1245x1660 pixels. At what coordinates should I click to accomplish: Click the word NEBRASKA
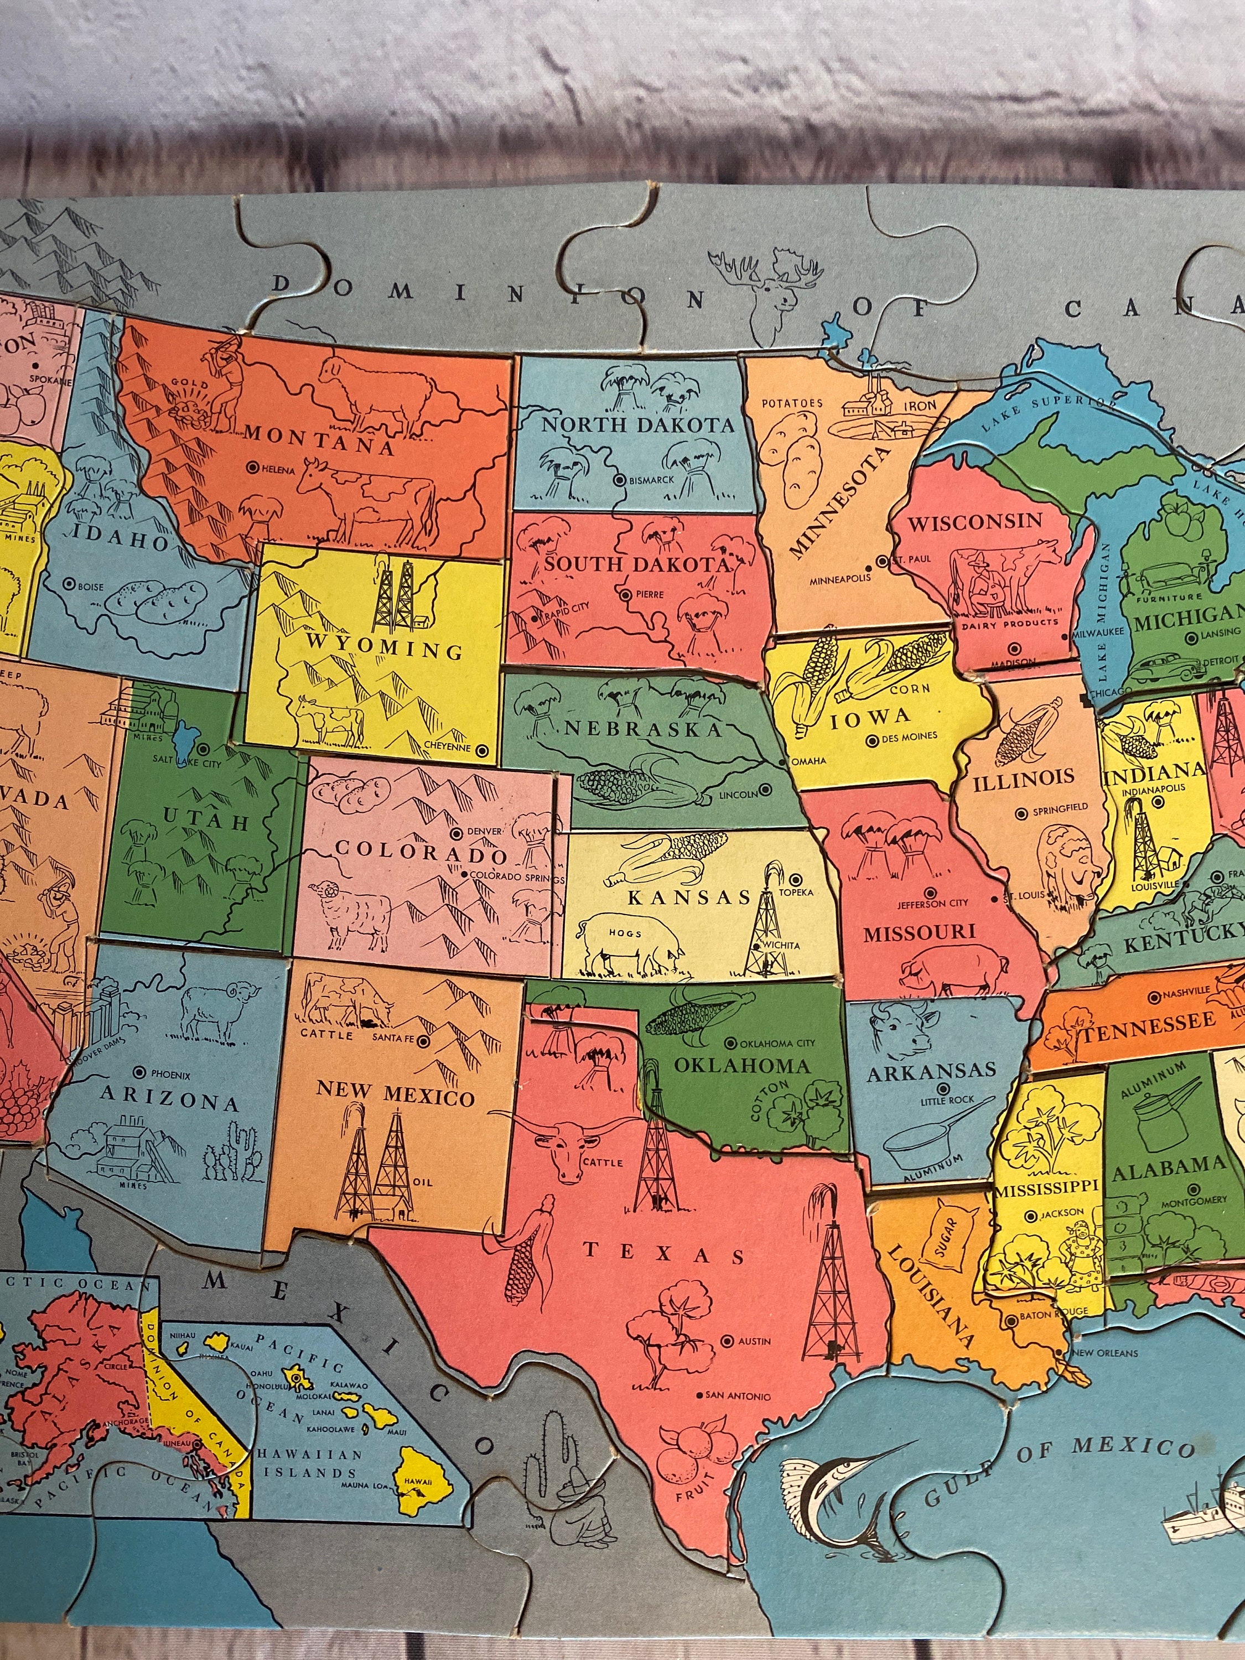click(x=642, y=729)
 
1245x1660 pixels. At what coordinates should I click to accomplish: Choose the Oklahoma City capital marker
click(x=731, y=1043)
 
